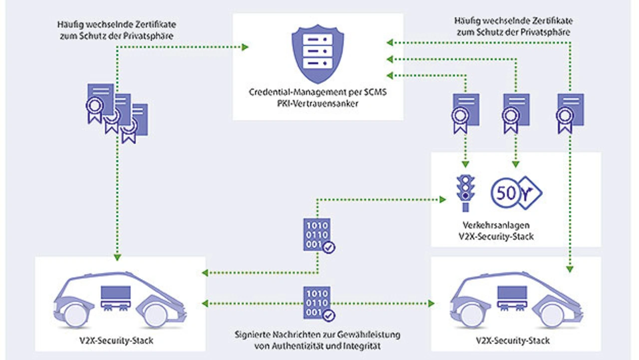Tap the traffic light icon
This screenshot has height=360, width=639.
pos(466,192)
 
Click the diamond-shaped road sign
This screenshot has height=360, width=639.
pos(530,192)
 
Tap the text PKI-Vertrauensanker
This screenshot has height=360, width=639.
pos(318,103)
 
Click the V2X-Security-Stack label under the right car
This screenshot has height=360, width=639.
pos(516,341)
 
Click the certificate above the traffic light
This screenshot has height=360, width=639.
pos(465,113)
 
